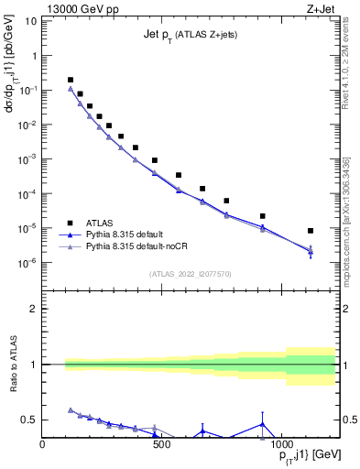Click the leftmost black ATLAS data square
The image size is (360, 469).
[x=71, y=81]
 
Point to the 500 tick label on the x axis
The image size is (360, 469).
[x=160, y=445]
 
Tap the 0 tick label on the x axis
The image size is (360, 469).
[x=43, y=445]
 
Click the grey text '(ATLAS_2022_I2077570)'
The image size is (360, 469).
[x=191, y=273]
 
